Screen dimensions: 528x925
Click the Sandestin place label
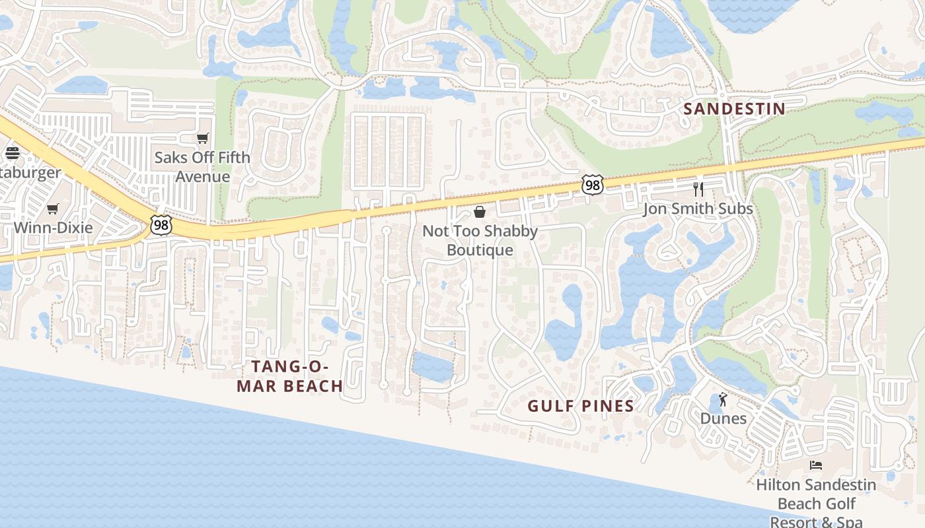coord(734,109)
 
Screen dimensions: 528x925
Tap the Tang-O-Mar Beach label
coord(289,377)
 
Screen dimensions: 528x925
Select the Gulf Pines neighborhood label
coord(581,406)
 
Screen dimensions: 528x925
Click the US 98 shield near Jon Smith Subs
coord(593,185)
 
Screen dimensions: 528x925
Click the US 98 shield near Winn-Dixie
coord(161,225)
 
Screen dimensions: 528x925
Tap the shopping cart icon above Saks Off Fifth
coord(202,139)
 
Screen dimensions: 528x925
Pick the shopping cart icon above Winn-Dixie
coord(53,209)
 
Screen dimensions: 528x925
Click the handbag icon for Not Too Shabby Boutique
coord(480,212)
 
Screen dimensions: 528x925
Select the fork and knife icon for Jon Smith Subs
coord(698,189)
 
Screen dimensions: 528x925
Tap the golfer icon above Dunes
coord(723,399)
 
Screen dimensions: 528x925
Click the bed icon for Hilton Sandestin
coord(816,465)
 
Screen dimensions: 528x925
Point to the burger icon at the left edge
coord(12,153)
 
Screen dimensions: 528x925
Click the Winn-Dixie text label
coord(54,228)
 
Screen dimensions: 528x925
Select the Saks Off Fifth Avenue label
coord(202,167)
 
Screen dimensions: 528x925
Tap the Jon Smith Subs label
coord(698,209)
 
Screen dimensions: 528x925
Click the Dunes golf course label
coord(723,418)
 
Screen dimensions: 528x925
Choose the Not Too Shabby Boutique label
coord(480,241)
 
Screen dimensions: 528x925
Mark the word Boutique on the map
coord(480,250)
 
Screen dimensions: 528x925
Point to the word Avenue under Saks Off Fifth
coord(202,177)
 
